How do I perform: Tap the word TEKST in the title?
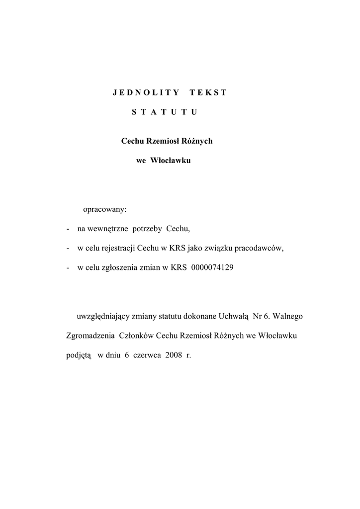pos(208,92)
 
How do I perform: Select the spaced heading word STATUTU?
pos(165,112)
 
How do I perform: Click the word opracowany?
pos(105,209)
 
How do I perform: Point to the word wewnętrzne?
pos(108,229)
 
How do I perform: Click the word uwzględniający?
pos(100,316)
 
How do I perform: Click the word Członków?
pos(136,336)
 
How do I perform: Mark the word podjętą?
pos(79,355)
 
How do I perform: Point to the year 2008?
pos(174,355)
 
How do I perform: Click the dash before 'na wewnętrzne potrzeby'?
pos(68,229)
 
